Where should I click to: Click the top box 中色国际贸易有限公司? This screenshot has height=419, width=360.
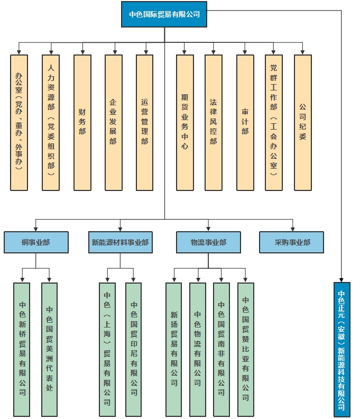164,14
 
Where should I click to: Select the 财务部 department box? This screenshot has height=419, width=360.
82,122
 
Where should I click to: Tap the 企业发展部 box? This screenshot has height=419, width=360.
113,122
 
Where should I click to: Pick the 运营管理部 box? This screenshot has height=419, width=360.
144,122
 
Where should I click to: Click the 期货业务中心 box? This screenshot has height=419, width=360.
184,122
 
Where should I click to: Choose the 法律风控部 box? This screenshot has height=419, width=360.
214,122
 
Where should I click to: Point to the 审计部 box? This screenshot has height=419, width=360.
245,122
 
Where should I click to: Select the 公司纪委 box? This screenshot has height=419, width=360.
302,122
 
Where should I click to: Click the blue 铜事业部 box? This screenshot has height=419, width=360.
36,242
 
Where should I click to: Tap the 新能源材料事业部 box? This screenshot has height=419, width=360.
120,242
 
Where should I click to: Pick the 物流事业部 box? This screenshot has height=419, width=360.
208,242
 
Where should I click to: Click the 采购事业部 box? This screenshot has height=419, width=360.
292,242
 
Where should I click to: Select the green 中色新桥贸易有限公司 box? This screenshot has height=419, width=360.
22,349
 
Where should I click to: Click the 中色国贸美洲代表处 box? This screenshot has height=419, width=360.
49,349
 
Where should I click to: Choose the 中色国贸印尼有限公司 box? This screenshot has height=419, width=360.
134,349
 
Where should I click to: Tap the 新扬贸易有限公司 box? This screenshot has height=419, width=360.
174,349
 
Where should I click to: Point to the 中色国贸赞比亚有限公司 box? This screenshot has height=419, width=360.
246,349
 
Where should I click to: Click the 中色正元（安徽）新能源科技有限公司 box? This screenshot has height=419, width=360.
342,349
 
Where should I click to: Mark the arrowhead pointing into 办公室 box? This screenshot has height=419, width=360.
19,52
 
